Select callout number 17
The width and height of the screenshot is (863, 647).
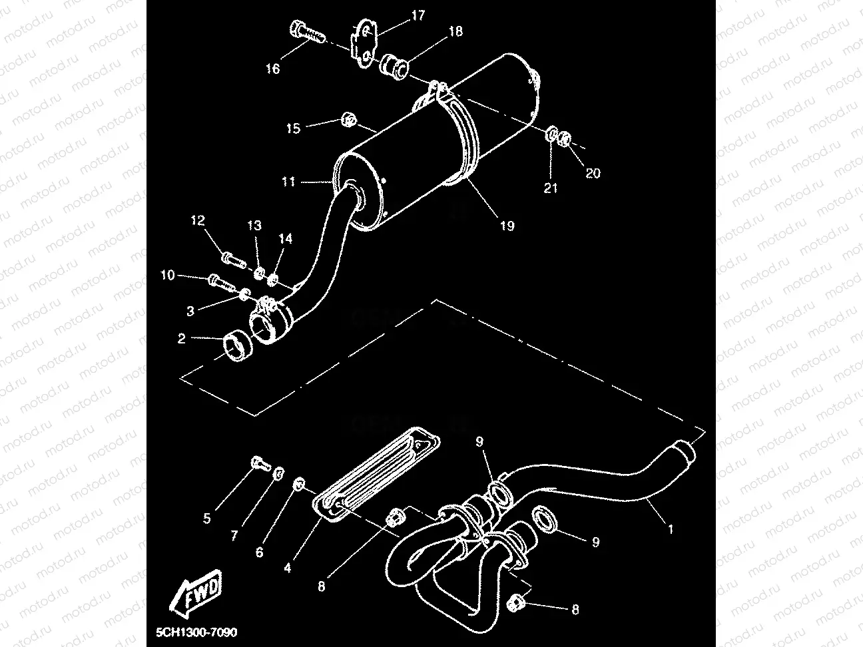418,15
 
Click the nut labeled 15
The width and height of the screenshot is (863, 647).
347,120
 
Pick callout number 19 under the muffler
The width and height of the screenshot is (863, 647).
507,226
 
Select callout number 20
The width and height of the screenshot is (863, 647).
593,173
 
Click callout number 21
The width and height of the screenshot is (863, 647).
550,188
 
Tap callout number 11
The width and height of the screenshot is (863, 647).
288,181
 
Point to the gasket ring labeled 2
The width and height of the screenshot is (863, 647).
236,349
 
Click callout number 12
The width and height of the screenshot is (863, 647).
198,220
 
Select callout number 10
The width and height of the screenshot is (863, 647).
167,275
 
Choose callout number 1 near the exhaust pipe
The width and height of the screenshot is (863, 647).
671,530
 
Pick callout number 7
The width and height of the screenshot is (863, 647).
234,536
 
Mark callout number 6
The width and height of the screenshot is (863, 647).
259,552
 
